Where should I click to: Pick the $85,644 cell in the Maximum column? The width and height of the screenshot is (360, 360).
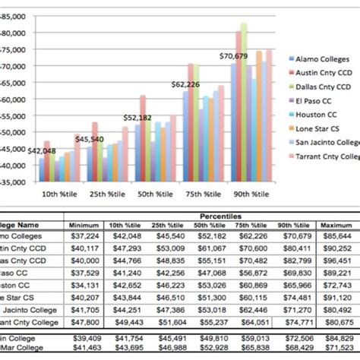click(x=336, y=235)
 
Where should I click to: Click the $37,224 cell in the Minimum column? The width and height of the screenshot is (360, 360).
click(x=84, y=235)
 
